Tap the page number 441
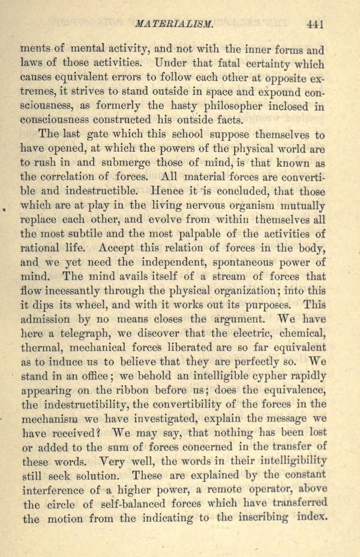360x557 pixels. (315, 25)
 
